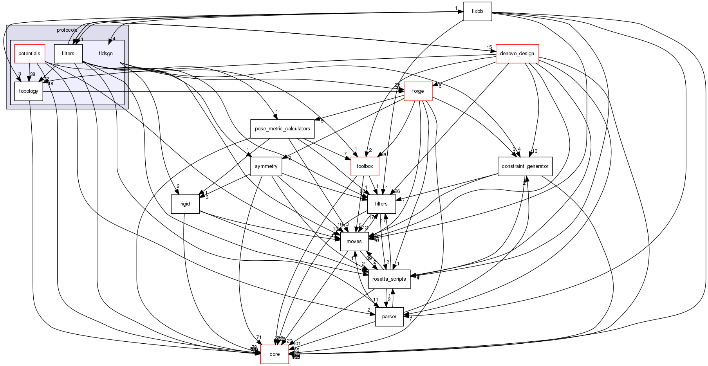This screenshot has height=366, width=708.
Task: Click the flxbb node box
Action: click(x=477, y=11)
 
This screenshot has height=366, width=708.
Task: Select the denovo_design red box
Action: click(x=517, y=54)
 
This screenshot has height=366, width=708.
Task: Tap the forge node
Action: click(x=418, y=91)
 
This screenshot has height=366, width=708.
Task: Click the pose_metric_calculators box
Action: click(x=282, y=129)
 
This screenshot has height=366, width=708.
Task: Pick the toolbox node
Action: click(x=365, y=166)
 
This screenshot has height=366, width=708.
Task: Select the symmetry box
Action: click(x=266, y=166)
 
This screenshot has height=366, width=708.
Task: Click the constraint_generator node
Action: click(x=525, y=166)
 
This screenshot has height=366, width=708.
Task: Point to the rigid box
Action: click(x=185, y=204)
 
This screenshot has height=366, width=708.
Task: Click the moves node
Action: click(x=354, y=242)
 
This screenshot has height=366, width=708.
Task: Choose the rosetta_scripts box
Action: click(x=389, y=279)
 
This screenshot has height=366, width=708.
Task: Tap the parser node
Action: click(x=389, y=317)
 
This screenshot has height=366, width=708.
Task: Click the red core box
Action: click(x=275, y=354)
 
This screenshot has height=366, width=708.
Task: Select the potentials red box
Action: click(x=29, y=54)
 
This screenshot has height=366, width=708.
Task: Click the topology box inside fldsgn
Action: click(x=29, y=91)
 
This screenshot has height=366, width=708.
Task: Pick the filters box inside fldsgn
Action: click(x=68, y=54)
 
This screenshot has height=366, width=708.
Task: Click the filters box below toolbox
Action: click(x=381, y=204)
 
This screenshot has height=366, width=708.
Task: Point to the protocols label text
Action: click(x=67, y=30)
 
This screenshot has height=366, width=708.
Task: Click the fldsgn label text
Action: click(x=106, y=54)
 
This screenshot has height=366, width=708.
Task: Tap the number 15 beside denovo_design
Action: click(x=489, y=47)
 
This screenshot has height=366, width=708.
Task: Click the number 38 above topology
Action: click(x=33, y=74)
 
